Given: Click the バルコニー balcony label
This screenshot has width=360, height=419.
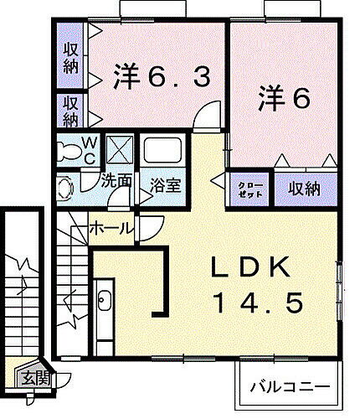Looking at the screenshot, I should tap(288, 387).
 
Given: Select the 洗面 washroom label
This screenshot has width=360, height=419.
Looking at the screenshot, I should tap(116, 180).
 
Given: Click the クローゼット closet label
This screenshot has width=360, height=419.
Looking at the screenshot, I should tap(250, 189).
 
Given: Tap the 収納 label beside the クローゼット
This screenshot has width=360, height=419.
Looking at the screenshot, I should tap(305, 189).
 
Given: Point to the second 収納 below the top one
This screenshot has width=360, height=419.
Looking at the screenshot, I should tap(71, 110).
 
